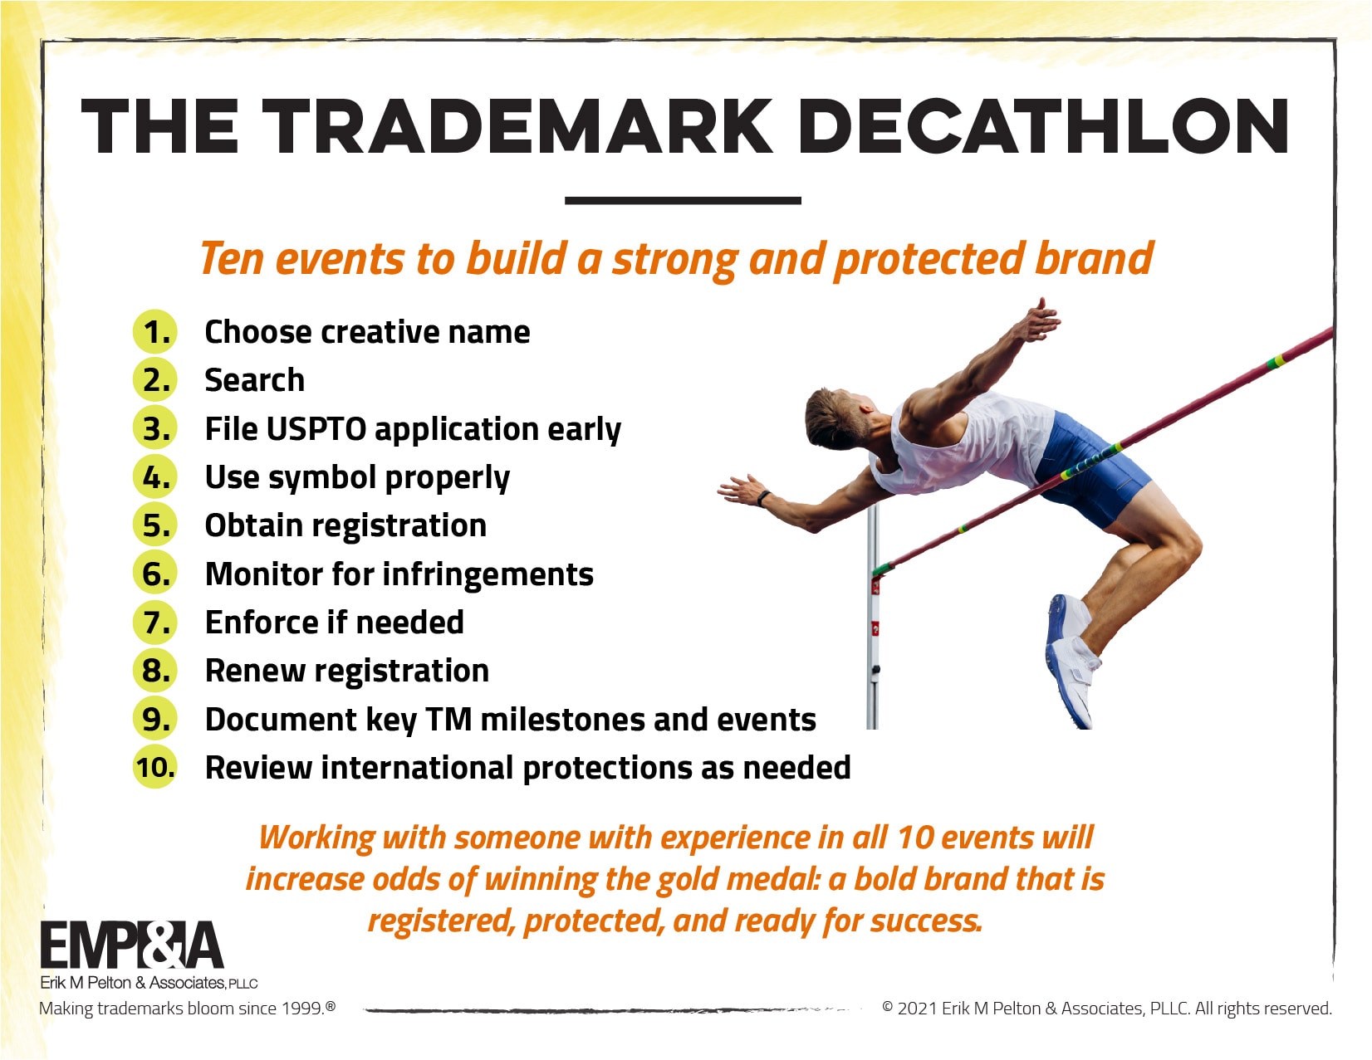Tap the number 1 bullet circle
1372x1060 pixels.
coord(154,332)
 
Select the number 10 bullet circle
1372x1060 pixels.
coord(154,767)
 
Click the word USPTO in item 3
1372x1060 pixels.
coord(316,429)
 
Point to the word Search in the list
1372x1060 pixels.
coord(254,380)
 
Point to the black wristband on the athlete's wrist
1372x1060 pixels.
coord(762,498)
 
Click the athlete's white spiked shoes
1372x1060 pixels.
coord(1071,659)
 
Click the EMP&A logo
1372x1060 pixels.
coord(132,945)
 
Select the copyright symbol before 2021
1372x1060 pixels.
coord(887,1007)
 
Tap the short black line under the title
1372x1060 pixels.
coord(683,201)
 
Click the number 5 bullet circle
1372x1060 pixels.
coord(154,525)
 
